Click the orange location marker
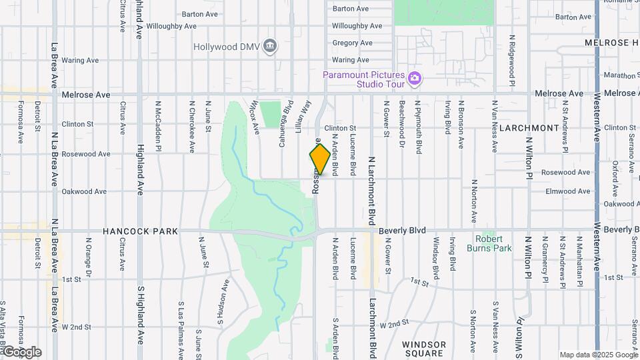(320, 159)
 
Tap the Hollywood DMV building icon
(270, 46)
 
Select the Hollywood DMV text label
(227, 47)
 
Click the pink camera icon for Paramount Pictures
(415, 79)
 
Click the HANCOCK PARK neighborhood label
(140, 231)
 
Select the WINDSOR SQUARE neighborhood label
(424, 349)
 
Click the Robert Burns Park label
(493, 243)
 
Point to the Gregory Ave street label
(351, 43)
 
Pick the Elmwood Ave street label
(567, 191)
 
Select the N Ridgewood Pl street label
(512, 61)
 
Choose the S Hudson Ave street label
(225, 302)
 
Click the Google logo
(21, 352)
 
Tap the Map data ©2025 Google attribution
(598, 355)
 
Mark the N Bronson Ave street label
(460, 124)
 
